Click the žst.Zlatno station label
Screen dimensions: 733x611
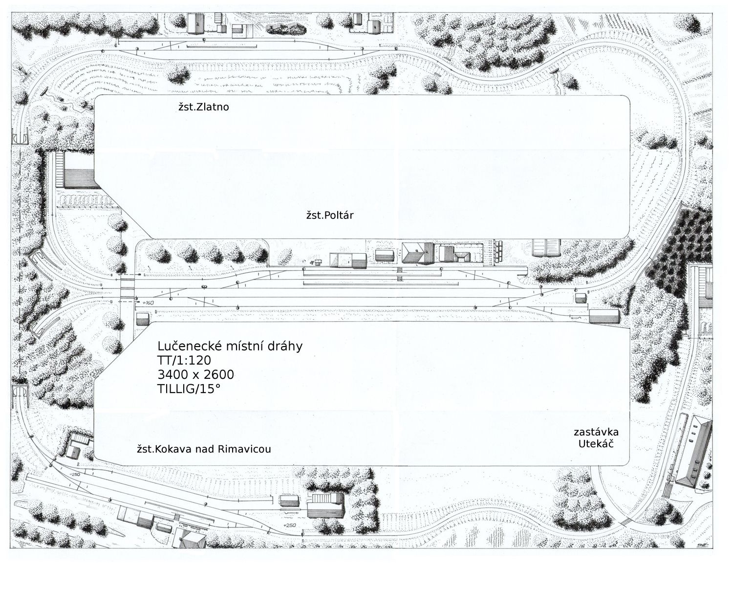tap(204, 107)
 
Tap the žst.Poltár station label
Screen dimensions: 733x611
tap(330, 215)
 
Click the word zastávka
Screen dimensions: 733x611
tap(596, 432)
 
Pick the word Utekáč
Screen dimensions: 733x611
tap(596, 443)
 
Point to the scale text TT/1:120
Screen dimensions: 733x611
tap(184, 360)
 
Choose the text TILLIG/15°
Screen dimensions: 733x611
tap(189, 389)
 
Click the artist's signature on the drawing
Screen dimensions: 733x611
tap(700, 545)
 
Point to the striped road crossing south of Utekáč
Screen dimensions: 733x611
tap(626, 522)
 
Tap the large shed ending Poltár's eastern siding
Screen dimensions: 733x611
tap(604, 316)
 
